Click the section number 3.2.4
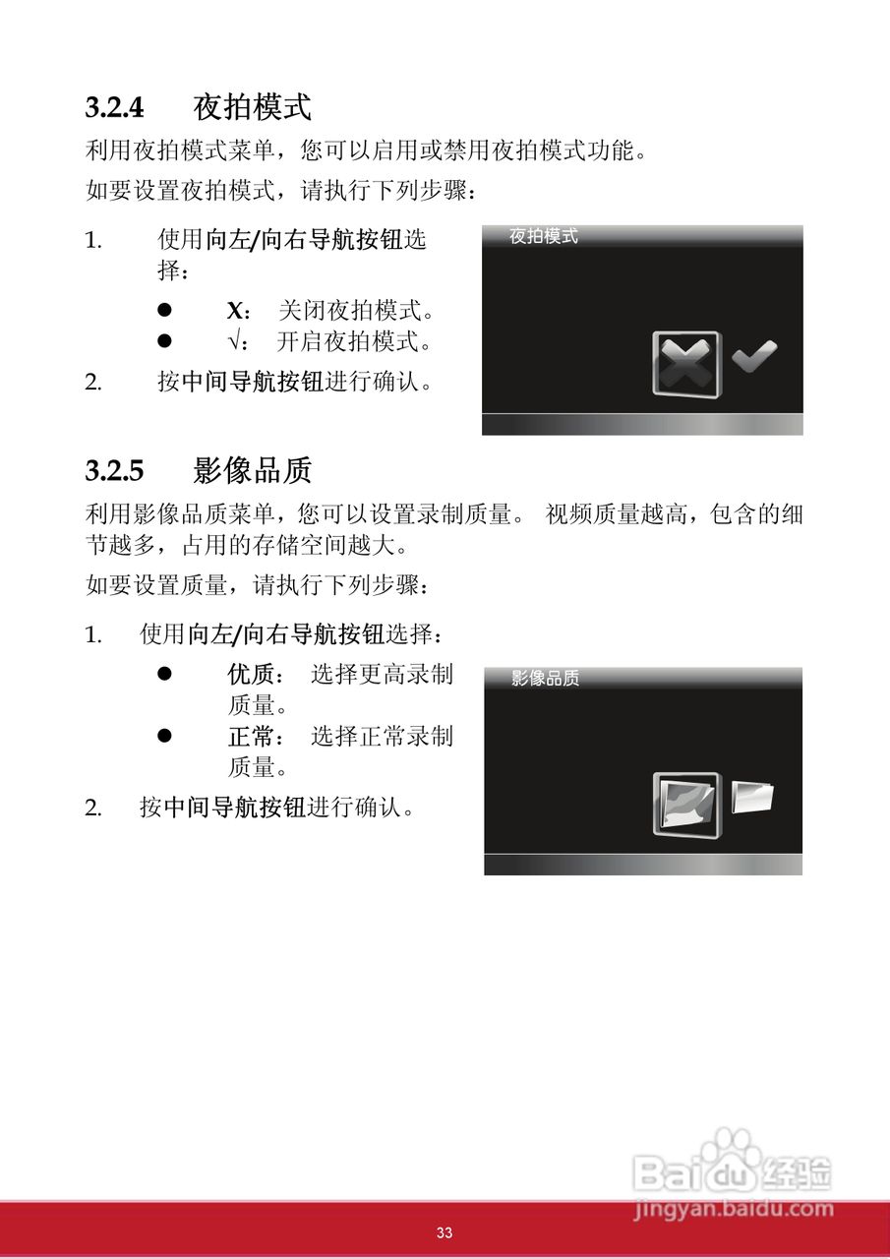click(x=114, y=107)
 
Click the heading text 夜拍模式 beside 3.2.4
click(x=253, y=106)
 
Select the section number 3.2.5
click(x=114, y=471)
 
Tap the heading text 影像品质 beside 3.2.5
click(x=253, y=470)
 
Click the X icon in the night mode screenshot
click(x=686, y=363)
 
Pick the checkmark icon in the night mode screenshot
click(x=754, y=356)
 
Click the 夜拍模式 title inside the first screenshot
click(x=544, y=237)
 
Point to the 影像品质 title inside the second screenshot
click(x=546, y=679)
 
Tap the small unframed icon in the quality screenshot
click(x=753, y=797)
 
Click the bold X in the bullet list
click(x=234, y=312)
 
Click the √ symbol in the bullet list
click(x=233, y=342)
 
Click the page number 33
click(x=445, y=1233)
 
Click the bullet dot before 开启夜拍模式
click(x=165, y=341)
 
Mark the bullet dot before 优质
click(x=165, y=675)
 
